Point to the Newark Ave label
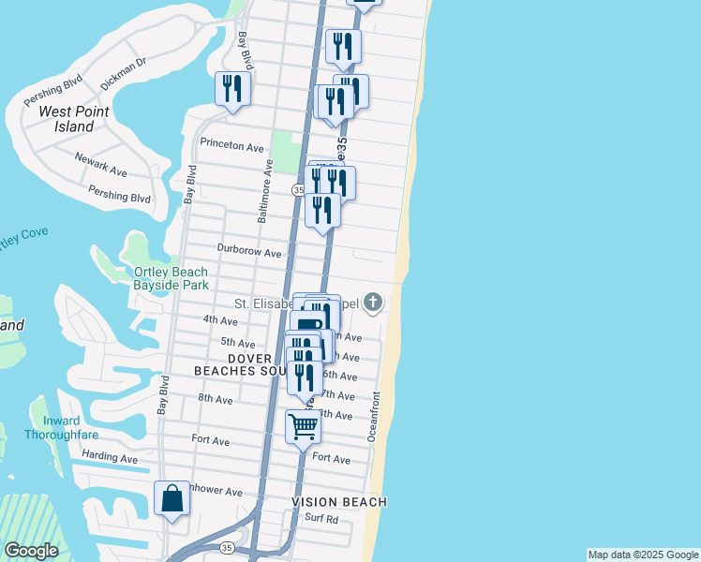100,165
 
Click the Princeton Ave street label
232,146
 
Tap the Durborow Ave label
249,252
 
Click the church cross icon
373,302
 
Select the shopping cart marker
303,426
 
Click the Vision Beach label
338,502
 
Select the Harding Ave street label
110,458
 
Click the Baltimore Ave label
267,190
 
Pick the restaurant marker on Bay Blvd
230,89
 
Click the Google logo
32,551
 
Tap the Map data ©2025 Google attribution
643,555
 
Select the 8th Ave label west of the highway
215,399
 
